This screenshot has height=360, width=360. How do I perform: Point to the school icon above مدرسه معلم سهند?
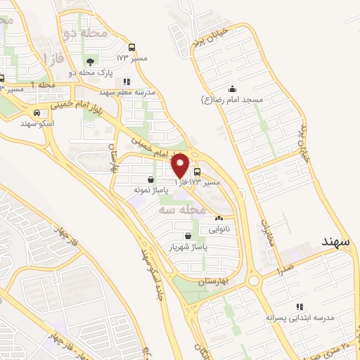(x=126, y=82)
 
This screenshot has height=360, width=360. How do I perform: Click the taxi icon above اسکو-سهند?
(x=37, y=112)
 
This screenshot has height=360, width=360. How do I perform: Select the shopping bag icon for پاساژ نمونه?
(x=151, y=179)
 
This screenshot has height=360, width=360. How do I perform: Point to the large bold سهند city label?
(x=339, y=242)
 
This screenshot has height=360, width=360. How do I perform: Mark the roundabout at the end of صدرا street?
(x=254, y=281)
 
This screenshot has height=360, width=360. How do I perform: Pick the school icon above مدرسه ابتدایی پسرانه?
(x=299, y=307)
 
